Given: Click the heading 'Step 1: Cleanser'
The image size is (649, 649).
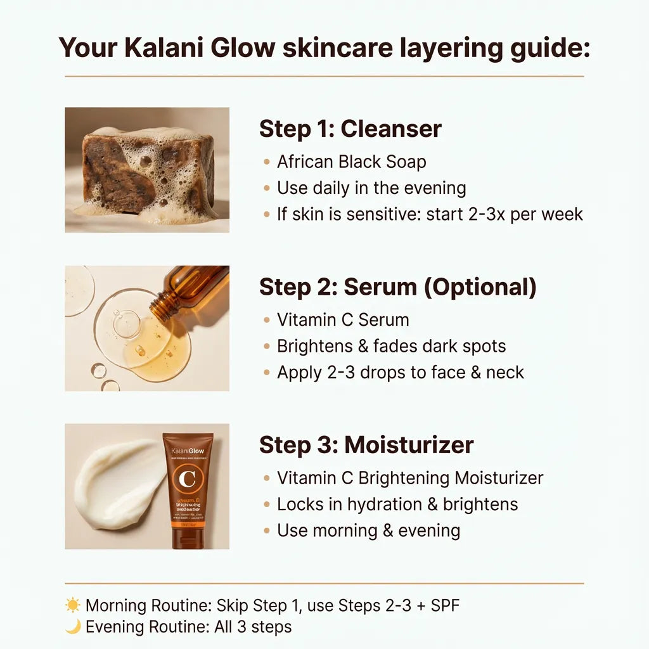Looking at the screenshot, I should point(350,129).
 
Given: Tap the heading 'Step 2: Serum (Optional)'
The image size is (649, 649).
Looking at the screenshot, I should point(397,287).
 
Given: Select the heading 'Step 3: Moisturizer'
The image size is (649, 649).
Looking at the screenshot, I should point(366,445).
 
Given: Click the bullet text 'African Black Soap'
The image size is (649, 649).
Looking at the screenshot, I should point(351,162).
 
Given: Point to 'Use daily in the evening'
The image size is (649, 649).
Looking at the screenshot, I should point(371,188).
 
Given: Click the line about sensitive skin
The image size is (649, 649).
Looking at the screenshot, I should point(430,214).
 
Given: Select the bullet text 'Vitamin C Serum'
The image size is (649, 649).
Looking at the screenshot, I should point(343,319).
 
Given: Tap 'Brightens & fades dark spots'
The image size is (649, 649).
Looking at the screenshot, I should point(391,346).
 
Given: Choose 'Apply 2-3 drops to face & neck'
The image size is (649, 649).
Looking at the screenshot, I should point(400,372).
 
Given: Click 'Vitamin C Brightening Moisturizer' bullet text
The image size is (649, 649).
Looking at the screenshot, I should point(410,478).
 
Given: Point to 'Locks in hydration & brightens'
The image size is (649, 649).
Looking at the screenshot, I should point(397,504).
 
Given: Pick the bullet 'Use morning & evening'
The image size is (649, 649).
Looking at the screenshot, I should point(368,530).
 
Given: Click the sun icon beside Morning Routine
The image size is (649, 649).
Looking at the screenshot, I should point(73,605).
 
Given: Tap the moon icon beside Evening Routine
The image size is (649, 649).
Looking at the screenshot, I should point(73,627).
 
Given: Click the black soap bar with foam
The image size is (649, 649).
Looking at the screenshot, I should point(150,171).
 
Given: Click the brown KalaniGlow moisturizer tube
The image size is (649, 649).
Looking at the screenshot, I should point(188,491).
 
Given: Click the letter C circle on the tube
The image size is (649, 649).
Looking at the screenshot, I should point(188,479).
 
